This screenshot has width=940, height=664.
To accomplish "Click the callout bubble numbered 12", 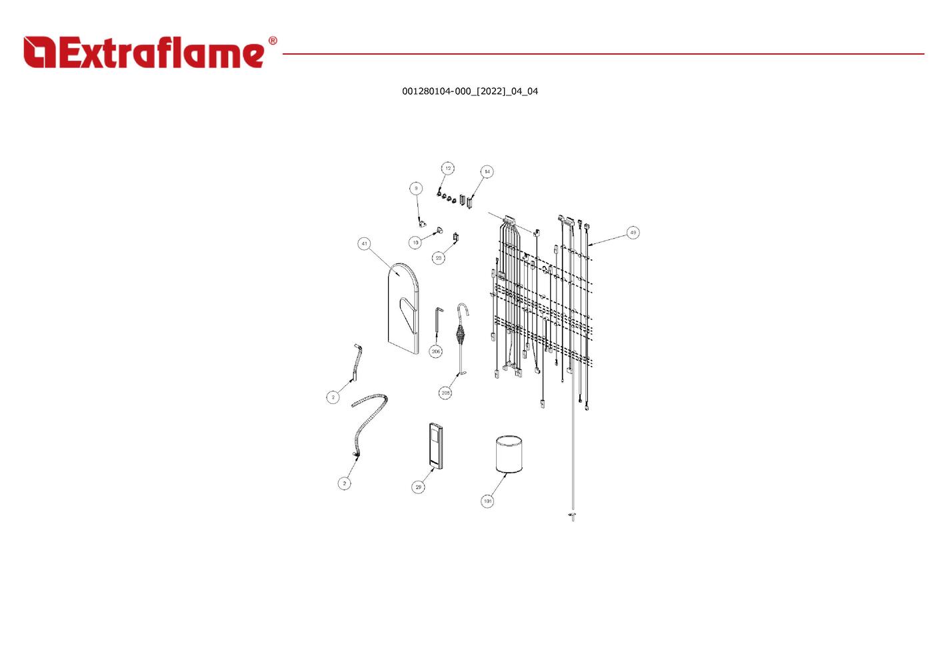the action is click(x=448, y=168).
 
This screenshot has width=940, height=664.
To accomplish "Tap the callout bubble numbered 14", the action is click(x=487, y=171).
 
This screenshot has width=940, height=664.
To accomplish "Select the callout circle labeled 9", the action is click(x=416, y=189).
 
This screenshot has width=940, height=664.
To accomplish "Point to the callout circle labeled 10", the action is click(x=415, y=243).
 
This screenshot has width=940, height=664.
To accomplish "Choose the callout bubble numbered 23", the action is click(x=439, y=258).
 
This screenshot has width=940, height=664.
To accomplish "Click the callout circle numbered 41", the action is click(x=364, y=243).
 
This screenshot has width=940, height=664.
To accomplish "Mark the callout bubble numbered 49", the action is click(x=633, y=233).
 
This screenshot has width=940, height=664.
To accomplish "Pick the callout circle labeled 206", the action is click(x=435, y=351).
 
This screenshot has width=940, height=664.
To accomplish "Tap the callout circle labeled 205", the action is click(x=445, y=393).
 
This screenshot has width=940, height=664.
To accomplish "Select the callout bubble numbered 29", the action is click(x=418, y=487).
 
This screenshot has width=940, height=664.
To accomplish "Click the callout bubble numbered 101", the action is click(x=487, y=501).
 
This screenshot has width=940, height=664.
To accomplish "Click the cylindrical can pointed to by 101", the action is click(x=509, y=454).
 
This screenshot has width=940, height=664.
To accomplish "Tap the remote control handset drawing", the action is click(x=435, y=445).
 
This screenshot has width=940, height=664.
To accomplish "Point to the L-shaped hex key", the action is click(x=437, y=321).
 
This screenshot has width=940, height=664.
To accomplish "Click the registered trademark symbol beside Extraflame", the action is click(x=273, y=41).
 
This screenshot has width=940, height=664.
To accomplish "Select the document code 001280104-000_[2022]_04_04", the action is click(x=470, y=91).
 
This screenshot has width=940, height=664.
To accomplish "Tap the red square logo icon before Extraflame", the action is click(x=40, y=52).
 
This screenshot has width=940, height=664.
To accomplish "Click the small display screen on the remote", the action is click(x=434, y=435).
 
